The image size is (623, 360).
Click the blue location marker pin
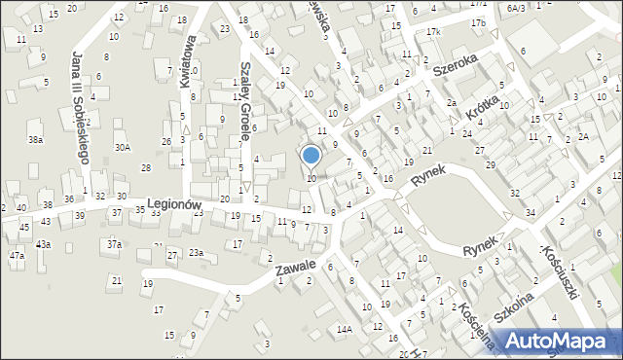(311, 156)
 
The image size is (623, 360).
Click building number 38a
(35, 140)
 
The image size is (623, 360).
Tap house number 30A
(122, 148)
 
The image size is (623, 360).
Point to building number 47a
(17, 256)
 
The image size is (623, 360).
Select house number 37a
(115, 244)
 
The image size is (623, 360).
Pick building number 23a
(197, 253)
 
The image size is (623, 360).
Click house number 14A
(345, 330)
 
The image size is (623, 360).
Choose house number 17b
(477, 21)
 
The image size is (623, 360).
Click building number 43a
(43, 244)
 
